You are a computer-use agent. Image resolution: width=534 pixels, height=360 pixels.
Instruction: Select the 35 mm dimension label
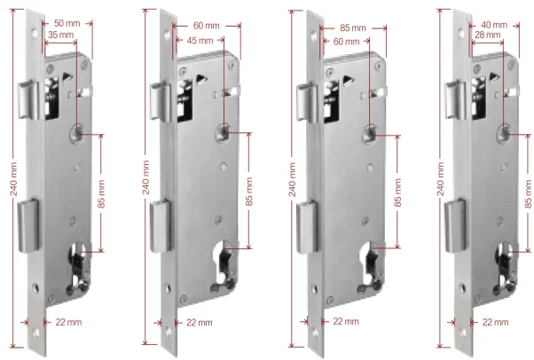point(60,34)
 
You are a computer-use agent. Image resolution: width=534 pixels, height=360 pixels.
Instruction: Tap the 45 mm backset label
point(200,41)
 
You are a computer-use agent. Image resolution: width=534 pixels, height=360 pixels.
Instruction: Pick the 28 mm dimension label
point(487,34)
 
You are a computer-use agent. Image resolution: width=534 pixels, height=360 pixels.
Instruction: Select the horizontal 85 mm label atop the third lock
point(357,27)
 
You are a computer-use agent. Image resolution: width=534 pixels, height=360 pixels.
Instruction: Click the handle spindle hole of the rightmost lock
point(504,133)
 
